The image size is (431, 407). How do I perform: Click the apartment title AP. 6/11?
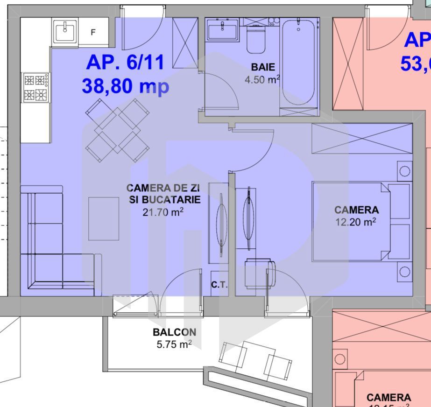coord(125,62)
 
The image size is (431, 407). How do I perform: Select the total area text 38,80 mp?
coord(125,86)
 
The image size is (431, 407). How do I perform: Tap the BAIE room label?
coord(262,67)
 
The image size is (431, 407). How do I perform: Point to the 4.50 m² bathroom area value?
coord(262,79)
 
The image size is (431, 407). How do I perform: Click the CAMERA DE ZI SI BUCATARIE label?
coord(163,194)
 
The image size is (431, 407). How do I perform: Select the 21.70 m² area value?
coord(163,212)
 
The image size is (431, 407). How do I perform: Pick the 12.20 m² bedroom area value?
coord(356,223)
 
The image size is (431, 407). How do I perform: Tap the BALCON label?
coord(174,333)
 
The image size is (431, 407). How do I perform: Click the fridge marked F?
coord(93,32)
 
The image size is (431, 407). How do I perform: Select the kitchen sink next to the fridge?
coord(65,32)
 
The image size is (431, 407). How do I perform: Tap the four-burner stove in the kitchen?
coord(36,88)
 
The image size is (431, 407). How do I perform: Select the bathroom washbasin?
coord(223,31)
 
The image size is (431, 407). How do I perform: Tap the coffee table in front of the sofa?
coord(104,218)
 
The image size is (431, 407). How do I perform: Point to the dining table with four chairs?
coord(117,130)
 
